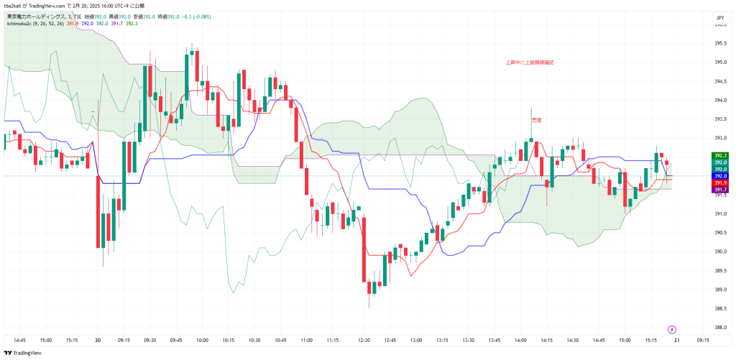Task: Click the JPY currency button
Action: coord(719,17)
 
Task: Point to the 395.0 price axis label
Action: coord(719,63)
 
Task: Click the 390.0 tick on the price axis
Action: coord(719,251)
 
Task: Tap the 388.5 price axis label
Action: coord(719,308)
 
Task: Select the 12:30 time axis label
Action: coord(364,340)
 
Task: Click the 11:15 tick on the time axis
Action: coord(333,340)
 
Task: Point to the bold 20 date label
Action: coord(97,340)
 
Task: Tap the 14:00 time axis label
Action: coord(520,340)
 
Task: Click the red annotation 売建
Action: coord(536,120)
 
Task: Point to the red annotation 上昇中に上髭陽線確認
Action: coord(530,63)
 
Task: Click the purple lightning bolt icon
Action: coord(672,329)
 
